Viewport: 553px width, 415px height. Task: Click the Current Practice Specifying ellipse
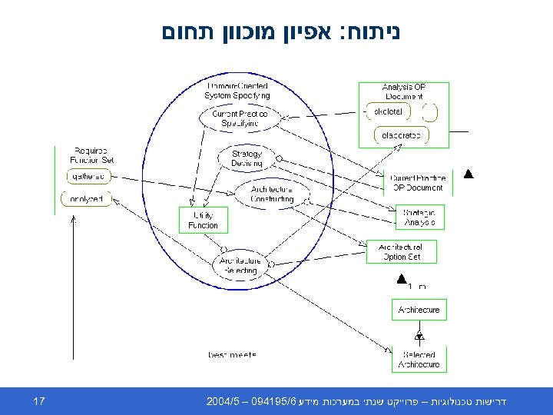click(x=240, y=118)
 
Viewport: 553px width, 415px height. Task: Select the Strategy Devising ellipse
click(x=247, y=158)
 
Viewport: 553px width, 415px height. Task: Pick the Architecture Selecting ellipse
click(x=240, y=265)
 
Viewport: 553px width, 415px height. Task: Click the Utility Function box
click(x=203, y=220)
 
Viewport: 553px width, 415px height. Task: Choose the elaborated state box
click(x=401, y=136)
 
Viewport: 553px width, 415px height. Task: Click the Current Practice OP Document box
click(x=417, y=183)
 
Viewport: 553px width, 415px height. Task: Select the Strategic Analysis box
click(x=419, y=217)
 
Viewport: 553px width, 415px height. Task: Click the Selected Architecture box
click(x=419, y=360)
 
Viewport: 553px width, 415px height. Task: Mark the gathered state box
click(x=88, y=177)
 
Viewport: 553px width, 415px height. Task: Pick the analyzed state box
click(x=87, y=199)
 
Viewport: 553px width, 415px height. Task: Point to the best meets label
click(x=232, y=354)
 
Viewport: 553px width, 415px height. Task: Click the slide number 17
click(x=40, y=401)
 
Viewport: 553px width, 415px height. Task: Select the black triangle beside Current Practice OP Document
click(x=468, y=175)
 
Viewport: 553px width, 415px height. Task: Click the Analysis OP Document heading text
click(x=403, y=91)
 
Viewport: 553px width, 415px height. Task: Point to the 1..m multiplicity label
click(x=417, y=287)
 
